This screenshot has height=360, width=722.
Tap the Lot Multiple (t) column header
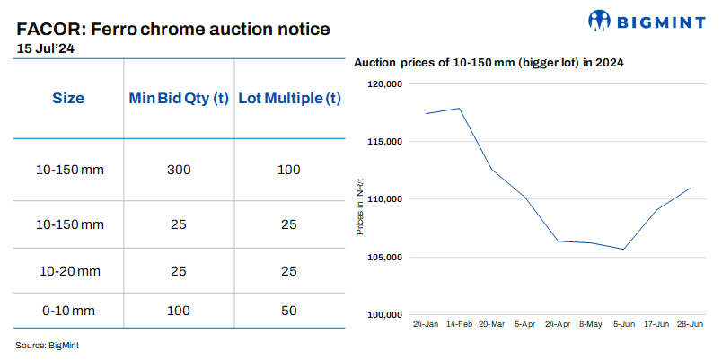point(288,98)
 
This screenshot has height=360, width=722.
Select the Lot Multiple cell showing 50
point(288,310)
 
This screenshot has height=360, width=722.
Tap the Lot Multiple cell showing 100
point(288,170)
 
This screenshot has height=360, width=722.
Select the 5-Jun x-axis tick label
point(623,322)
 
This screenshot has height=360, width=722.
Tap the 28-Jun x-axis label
point(690,322)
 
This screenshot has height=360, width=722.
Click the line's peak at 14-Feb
point(459,109)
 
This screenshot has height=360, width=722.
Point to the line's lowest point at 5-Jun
point(623,249)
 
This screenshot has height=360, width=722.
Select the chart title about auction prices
point(489,63)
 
